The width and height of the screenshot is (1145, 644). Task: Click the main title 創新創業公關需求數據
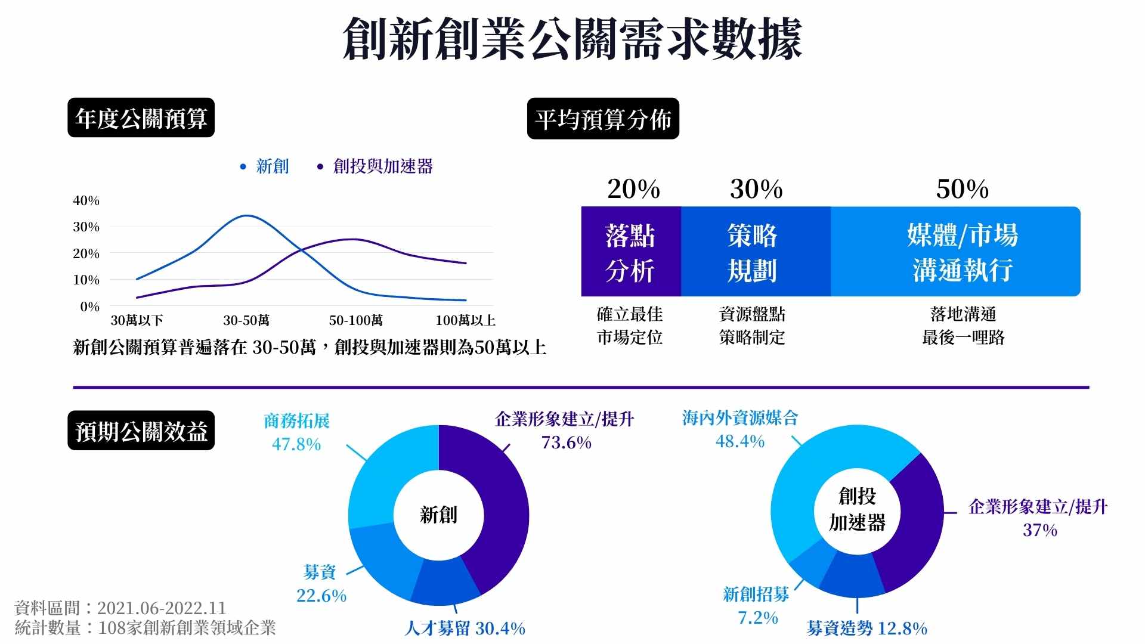click(x=572, y=39)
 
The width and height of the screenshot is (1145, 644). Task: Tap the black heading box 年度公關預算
click(x=141, y=117)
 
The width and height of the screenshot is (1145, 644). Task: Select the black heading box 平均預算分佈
click(x=603, y=119)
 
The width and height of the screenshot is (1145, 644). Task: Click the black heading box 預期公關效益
click(x=141, y=431)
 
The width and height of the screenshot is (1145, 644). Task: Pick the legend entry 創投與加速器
click(x=382, y=166)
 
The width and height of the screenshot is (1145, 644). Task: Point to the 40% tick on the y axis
click(x=86, y=201)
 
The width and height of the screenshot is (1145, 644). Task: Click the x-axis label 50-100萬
click(x=356, y=321)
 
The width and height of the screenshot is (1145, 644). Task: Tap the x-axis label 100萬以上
click(x=465, y=321)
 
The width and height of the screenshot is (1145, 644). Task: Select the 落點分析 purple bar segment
click(x=630, y=252)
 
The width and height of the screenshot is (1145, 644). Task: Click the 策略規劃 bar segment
click(x=753, y=252)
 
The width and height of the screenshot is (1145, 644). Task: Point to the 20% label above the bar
click(x=633, y=190)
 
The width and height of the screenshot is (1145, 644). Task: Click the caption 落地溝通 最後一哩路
click(x=963, y=326)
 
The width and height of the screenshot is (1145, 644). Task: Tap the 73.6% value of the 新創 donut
click(x=566, y=442)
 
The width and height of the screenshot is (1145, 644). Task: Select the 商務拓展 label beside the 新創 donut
click(x=296, y=421)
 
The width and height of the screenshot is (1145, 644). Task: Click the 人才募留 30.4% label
click(x=465, y=628)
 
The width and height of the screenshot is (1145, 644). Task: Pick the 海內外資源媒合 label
click(x=739, y=418)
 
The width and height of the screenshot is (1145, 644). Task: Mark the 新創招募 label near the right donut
click(x=756, y=594)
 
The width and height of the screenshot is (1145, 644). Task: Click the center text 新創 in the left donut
click(x=438, y=515)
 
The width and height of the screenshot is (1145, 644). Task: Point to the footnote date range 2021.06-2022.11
click(x=162, y=608)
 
